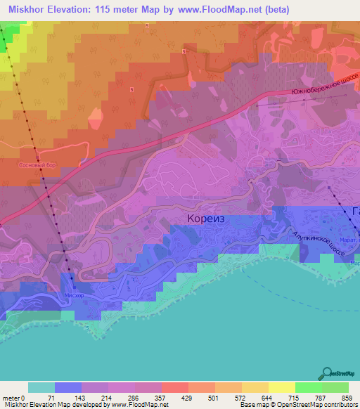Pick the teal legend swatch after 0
click(41, 387)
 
